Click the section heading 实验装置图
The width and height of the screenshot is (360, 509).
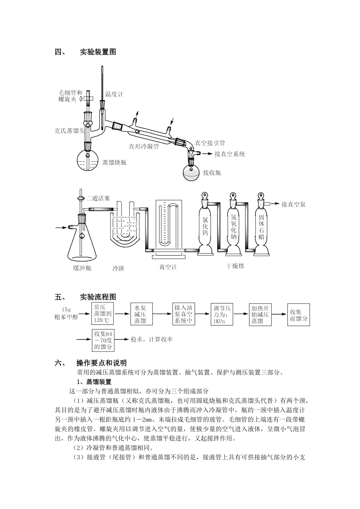click(x=98, y=52)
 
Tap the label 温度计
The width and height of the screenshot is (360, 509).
click(x=114, y=94)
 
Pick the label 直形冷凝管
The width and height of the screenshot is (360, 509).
click(x=144, y=145)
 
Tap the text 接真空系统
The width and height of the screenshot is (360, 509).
click(x=230, y=154)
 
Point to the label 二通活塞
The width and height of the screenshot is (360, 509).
click(x=98, y=198)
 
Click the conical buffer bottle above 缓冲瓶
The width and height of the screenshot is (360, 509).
click(x=82, y=242)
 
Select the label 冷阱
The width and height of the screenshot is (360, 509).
click(x=118, y=269)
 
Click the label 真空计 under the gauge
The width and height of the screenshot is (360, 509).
click(x=168, y=267)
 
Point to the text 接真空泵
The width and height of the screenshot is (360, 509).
click(x=293, y=205)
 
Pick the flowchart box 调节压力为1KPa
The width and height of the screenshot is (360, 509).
click(x=222, y=314)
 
